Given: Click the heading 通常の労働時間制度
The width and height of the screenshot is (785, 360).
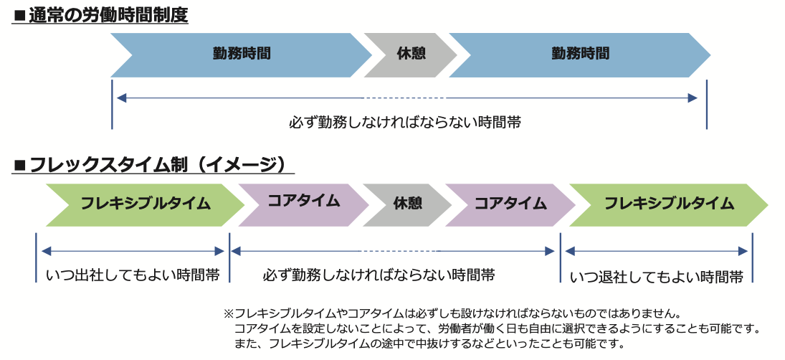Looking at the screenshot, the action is (108, 16).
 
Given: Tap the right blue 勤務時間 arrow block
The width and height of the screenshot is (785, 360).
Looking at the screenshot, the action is (580, 55).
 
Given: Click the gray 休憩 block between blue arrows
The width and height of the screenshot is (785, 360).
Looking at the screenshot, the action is (411, 55).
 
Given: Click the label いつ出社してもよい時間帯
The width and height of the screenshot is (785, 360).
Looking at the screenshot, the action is (133, 275).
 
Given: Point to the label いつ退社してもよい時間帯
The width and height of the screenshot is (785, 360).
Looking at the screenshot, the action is (657, 277).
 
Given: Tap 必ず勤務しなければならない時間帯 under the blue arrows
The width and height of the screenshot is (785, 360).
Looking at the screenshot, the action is (405, 123).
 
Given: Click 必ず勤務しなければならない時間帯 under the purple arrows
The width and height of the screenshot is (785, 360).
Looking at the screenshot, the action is (379, 275).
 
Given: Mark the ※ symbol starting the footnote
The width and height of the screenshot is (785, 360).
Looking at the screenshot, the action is (228, 314).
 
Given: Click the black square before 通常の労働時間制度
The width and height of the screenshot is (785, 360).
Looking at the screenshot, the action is (19, 16).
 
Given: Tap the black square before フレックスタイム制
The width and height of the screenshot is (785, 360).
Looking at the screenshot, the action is (20, 166).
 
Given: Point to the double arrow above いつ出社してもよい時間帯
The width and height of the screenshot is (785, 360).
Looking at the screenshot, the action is (133, 251).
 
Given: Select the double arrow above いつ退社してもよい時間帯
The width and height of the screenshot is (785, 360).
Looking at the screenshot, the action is (657, 251).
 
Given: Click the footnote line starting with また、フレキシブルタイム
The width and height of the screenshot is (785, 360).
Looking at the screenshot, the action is (429, 344).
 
